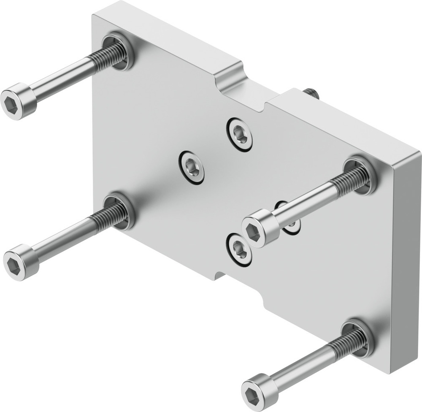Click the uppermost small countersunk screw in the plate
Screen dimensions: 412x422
tap(240, 133)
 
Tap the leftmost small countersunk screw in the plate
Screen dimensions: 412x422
tap(191, 167)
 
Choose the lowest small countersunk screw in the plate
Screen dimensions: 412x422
tap(239, 250)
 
